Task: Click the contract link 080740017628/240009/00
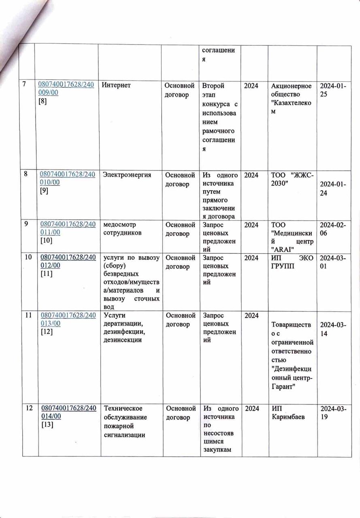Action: pos(66,89)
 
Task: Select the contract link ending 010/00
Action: pos(67,178)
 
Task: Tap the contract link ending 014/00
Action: pos(67,412)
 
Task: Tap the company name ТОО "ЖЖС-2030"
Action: pos(292,179)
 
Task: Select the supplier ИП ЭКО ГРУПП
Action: pos(292,262)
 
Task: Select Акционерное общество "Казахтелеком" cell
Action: pos(292,98)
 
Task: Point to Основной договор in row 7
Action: pos(179,90)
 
